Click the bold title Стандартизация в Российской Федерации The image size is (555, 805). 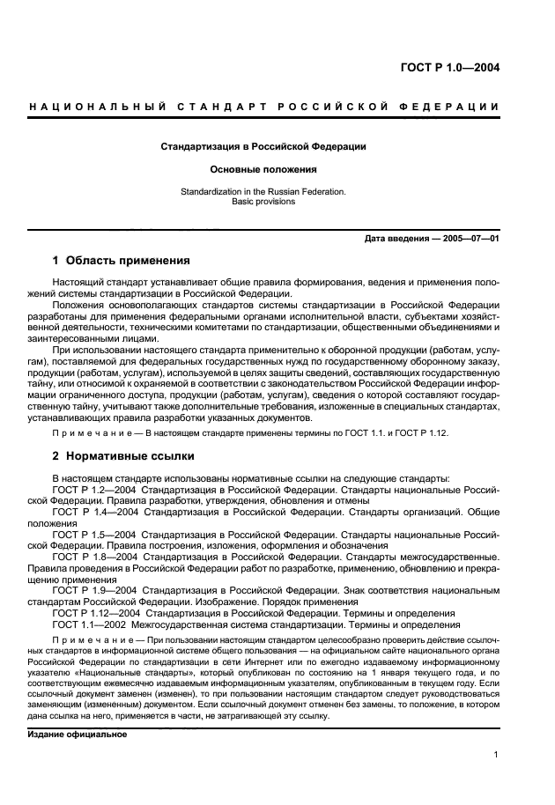click(x=263, y=146)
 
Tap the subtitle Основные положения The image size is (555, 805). click(x=263, y=168)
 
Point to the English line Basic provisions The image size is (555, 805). click(x=263, y=201)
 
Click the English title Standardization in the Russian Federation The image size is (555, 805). click(x=263, y=189)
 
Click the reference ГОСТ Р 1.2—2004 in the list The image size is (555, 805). click(x=93, y=489)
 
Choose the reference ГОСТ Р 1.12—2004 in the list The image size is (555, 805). click(x=96, y=613)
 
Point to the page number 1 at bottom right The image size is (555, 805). click(x=496, y=754)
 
